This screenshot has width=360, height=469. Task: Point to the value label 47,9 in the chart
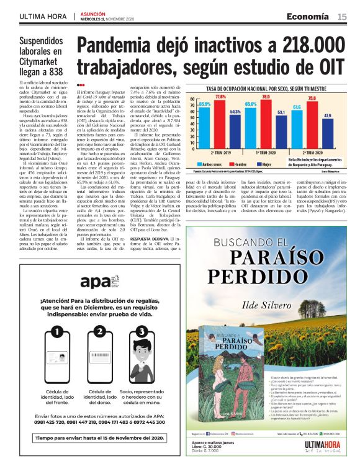(x=327, y=116)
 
